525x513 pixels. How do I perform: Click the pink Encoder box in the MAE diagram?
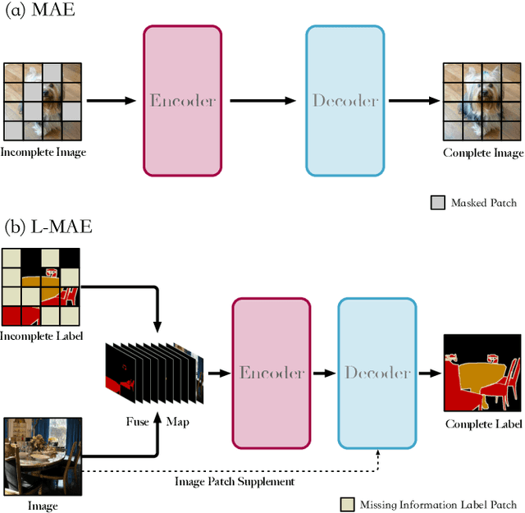(x=182, y=101)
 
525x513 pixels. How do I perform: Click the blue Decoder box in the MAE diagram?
(x=345, y=101)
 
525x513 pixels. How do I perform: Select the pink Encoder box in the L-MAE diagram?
(x=271, y=372)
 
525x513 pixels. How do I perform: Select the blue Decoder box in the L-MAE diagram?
(x=377, y=373)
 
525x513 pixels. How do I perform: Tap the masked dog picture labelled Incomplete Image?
(x=42, y=101)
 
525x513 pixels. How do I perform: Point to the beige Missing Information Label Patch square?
(x=347, y=504)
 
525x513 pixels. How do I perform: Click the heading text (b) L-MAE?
(x=47, y=226)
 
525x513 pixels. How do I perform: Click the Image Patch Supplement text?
(x=235, y=481)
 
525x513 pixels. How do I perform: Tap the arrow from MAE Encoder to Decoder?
(x=262, y=101)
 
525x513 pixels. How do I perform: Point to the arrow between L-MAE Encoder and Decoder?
(x=324, y=373)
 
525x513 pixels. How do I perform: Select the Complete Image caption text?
(x=483, y=153)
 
